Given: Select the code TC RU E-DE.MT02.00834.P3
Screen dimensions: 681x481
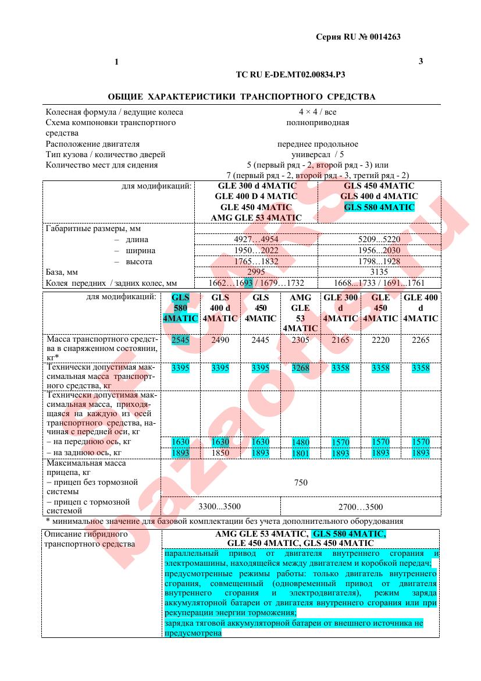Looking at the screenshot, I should [294, 75].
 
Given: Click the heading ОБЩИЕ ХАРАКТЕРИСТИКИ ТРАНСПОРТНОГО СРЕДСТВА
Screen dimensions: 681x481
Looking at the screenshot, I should [241, 97].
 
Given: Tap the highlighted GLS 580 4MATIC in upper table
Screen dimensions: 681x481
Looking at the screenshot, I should [379, 207].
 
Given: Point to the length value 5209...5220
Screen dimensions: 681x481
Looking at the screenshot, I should [379, 239].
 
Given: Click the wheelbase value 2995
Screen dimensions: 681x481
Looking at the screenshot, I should [256, 272].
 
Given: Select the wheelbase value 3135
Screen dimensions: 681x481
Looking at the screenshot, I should [379, 272].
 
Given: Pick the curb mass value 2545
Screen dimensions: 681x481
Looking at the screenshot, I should [180, 340].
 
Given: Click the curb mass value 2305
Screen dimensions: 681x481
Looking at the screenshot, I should [300, 340].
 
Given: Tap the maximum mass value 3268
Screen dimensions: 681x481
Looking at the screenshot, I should [300, 368].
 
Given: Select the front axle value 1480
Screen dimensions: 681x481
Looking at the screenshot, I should [300, 442].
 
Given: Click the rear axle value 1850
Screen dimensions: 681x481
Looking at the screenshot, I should [220, 452].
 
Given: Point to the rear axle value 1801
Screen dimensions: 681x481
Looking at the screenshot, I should [300, 452].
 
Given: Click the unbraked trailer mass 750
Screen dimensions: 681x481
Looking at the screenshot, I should [301, 483].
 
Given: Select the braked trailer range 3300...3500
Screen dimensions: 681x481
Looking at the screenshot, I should [220, 507].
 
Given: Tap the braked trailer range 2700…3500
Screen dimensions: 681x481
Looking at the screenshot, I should [361, 507].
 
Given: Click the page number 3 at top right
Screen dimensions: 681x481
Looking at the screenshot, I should [421, 62].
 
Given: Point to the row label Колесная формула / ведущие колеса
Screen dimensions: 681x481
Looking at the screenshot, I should [114, 112].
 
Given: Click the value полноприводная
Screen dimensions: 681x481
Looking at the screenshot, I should [317, 123].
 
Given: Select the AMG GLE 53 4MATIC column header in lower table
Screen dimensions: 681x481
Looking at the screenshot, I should [300, 313].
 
